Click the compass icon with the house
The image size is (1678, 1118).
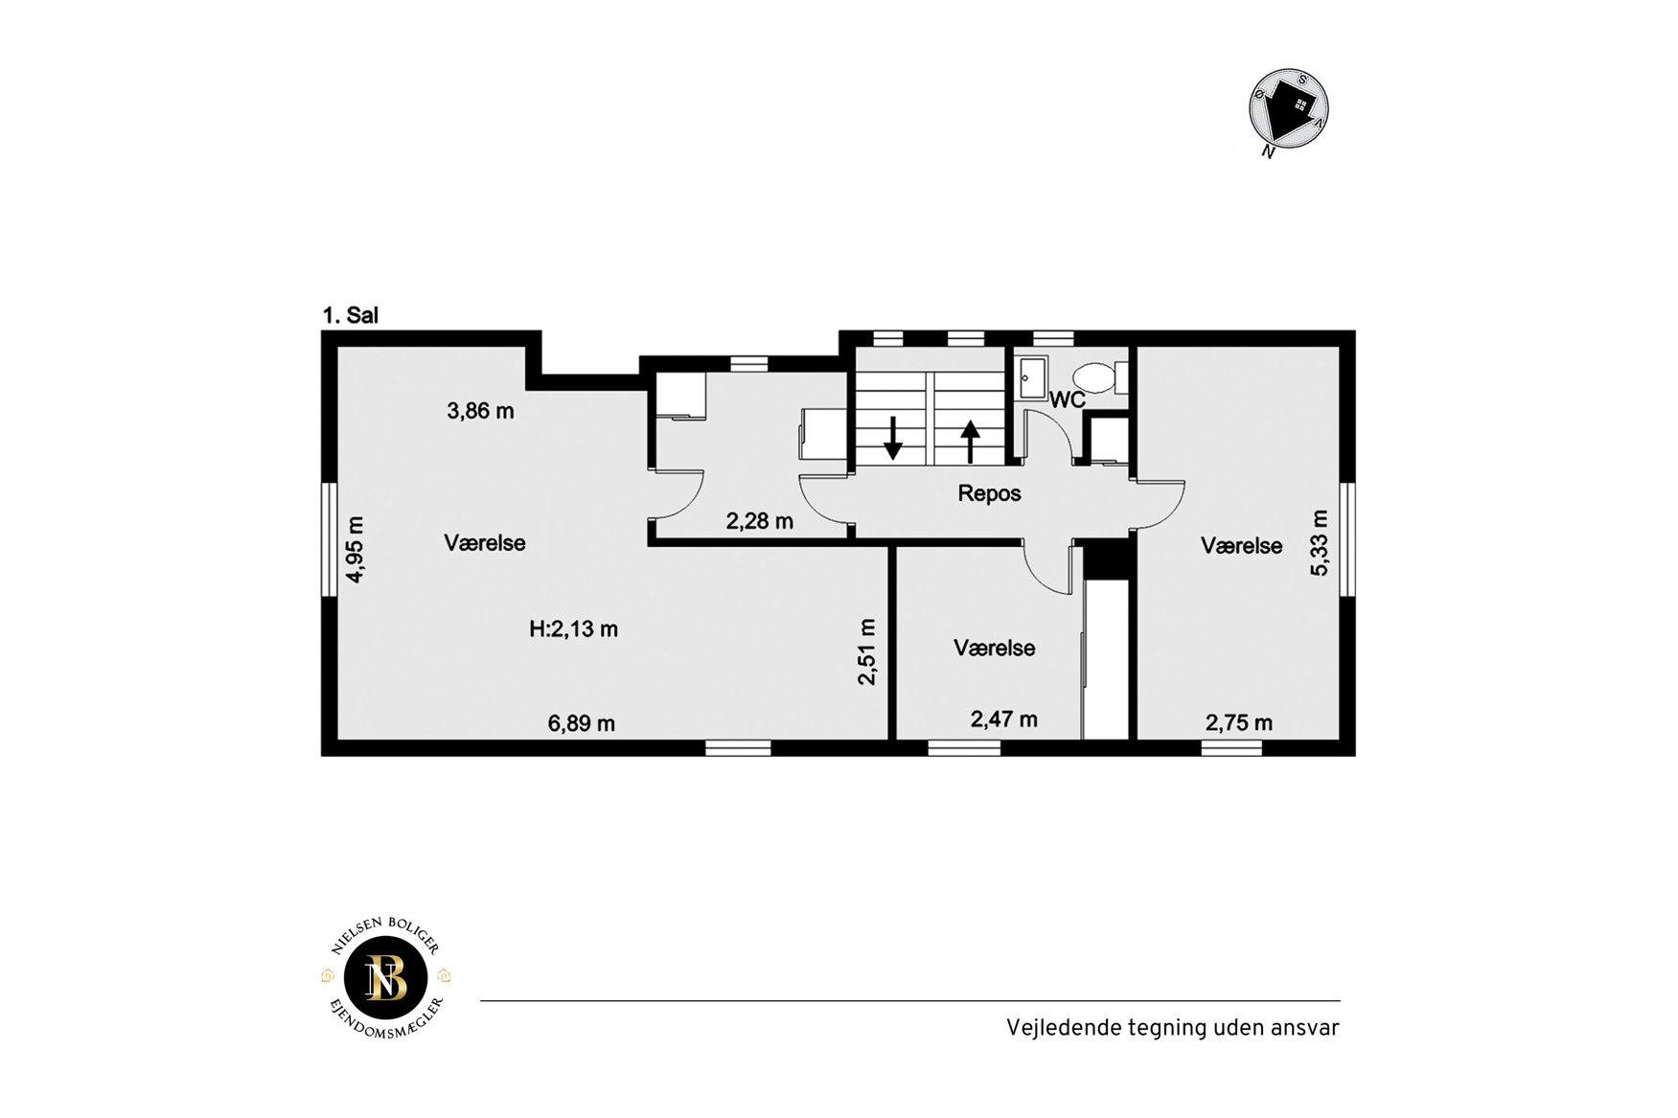(1288, 110)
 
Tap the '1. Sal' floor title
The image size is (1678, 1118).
(351, 315)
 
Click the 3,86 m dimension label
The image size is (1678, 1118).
(480, 411)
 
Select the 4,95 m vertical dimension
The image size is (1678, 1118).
(356, 550)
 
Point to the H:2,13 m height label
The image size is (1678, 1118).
(573, 629)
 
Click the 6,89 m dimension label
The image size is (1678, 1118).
(582, 723)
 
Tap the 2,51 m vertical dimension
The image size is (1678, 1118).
(867, 651)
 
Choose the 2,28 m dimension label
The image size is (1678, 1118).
(759, 521)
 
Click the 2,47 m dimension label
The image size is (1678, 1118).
(1003, 719)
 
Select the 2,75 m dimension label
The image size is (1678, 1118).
(1239, 722)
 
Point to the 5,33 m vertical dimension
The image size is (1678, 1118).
(1320, 543)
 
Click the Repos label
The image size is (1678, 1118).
(990, 493)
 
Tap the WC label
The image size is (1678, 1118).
(1068, 399)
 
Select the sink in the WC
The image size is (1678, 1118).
(1032, 377)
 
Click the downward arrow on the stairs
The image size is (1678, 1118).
(892, 438)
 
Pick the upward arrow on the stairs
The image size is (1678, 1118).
(970, 442)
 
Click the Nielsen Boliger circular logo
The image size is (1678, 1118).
(386, 978)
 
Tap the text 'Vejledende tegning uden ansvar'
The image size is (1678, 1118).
(1172, 1028)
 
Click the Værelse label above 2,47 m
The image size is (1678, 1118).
(994, 648)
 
